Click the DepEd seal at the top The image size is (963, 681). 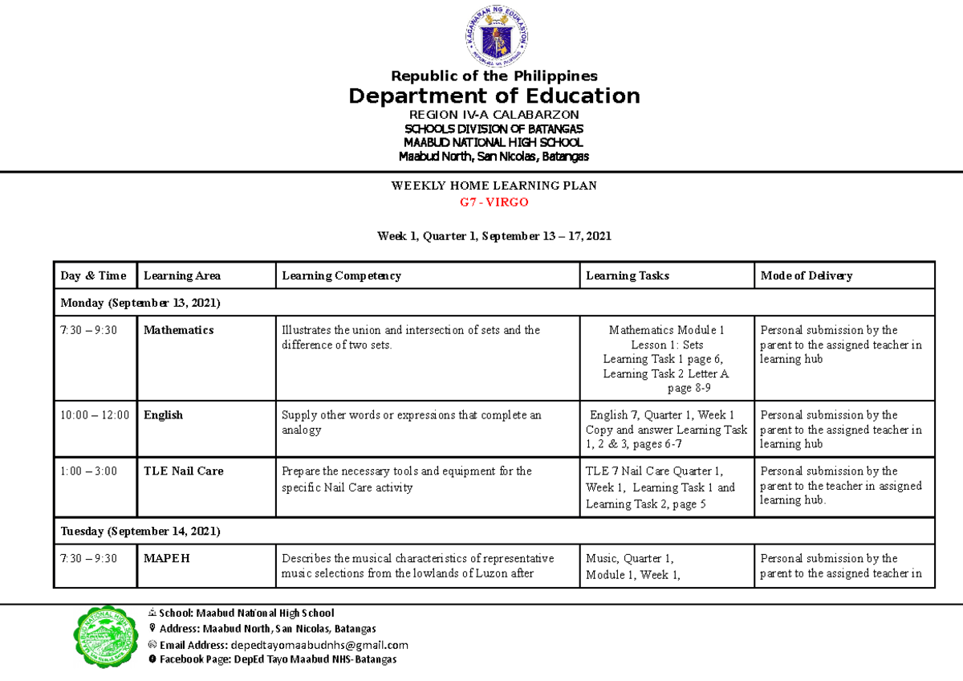pyautogui.click(x=494, y=35)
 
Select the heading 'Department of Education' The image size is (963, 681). pyautogui.click(x=494, y=96)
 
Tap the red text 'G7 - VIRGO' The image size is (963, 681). pyautogui.click(x=494, y=202)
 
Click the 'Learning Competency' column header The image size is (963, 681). pyautogui.click(x=341, y=275)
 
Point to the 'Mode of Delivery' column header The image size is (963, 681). pyautogui.click(x=806, y=275)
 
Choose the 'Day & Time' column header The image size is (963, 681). pyautogui.click(x=94, y=275)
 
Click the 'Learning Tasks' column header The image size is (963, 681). pyautogui.click(x=627, y=275)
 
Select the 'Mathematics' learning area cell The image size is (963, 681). pyautogui.click(x=178, y=330)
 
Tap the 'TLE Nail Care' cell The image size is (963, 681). pyautogui.click(x=183, y=471)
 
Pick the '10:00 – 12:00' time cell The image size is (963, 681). pyautogui.click(x=94, y=415)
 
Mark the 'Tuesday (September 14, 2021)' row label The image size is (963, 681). pyautogui.click(x=140, y=532)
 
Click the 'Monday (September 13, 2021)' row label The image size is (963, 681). pyautogui.click(x=140, y=303)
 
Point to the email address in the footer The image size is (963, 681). pyautogui.click(x=319, y=645)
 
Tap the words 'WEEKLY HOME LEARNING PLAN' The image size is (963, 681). pyautogui.click(x=494, y=186)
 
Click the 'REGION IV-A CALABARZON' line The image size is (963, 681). pyautogui.click(x=494, y=115)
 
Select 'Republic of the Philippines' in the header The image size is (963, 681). pyautogui.click(x=494, y=76)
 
